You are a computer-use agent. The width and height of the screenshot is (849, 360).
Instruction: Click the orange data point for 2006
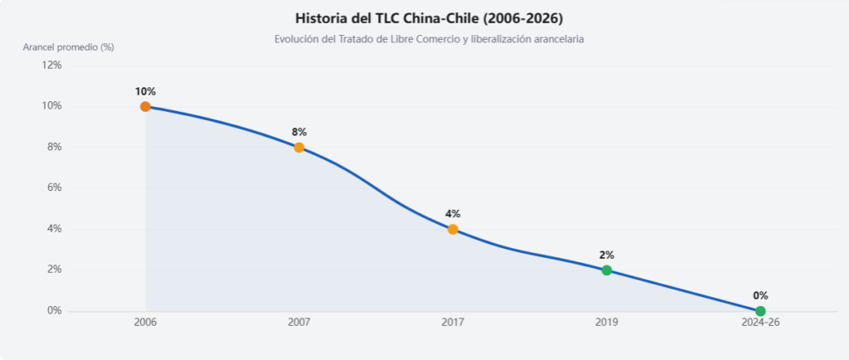(x=145, y=107)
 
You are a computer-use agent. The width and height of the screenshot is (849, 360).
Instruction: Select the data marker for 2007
(x=298, y=148)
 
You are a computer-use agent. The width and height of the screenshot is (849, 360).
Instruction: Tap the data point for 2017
(x=453, y=229)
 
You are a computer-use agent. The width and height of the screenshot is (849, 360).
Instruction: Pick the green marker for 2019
(x=606, y=270)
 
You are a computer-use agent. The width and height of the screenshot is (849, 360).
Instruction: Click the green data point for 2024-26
(x=760, y=311)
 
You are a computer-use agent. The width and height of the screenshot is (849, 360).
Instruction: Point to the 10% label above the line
(x=145, y=91)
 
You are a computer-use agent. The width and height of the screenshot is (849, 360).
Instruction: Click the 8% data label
(x=298, y=132)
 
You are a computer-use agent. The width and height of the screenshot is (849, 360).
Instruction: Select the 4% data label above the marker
(x=453, y=214)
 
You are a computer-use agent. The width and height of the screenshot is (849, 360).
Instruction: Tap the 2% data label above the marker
(x=606, y=255)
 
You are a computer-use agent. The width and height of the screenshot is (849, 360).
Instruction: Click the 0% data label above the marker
(x=760, y=295)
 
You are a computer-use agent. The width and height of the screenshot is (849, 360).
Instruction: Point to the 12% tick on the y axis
(x=52, y=66)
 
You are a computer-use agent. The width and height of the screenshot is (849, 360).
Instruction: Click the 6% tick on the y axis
(x=54, y=187)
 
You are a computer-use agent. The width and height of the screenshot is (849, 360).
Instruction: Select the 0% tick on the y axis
(x=54, y=311)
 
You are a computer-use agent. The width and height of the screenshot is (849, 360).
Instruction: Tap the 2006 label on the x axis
(x=145, y=324)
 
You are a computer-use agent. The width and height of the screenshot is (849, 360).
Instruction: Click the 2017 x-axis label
(x=453, y=324)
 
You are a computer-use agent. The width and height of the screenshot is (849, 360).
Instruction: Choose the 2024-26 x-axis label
(x=760, y=324)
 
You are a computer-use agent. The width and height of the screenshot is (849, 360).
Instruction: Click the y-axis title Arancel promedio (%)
(x=68, y=47)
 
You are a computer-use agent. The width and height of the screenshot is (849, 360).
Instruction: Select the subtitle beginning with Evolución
(x=429, y=40)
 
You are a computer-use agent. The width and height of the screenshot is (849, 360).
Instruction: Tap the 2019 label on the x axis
(x=606, y=324)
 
